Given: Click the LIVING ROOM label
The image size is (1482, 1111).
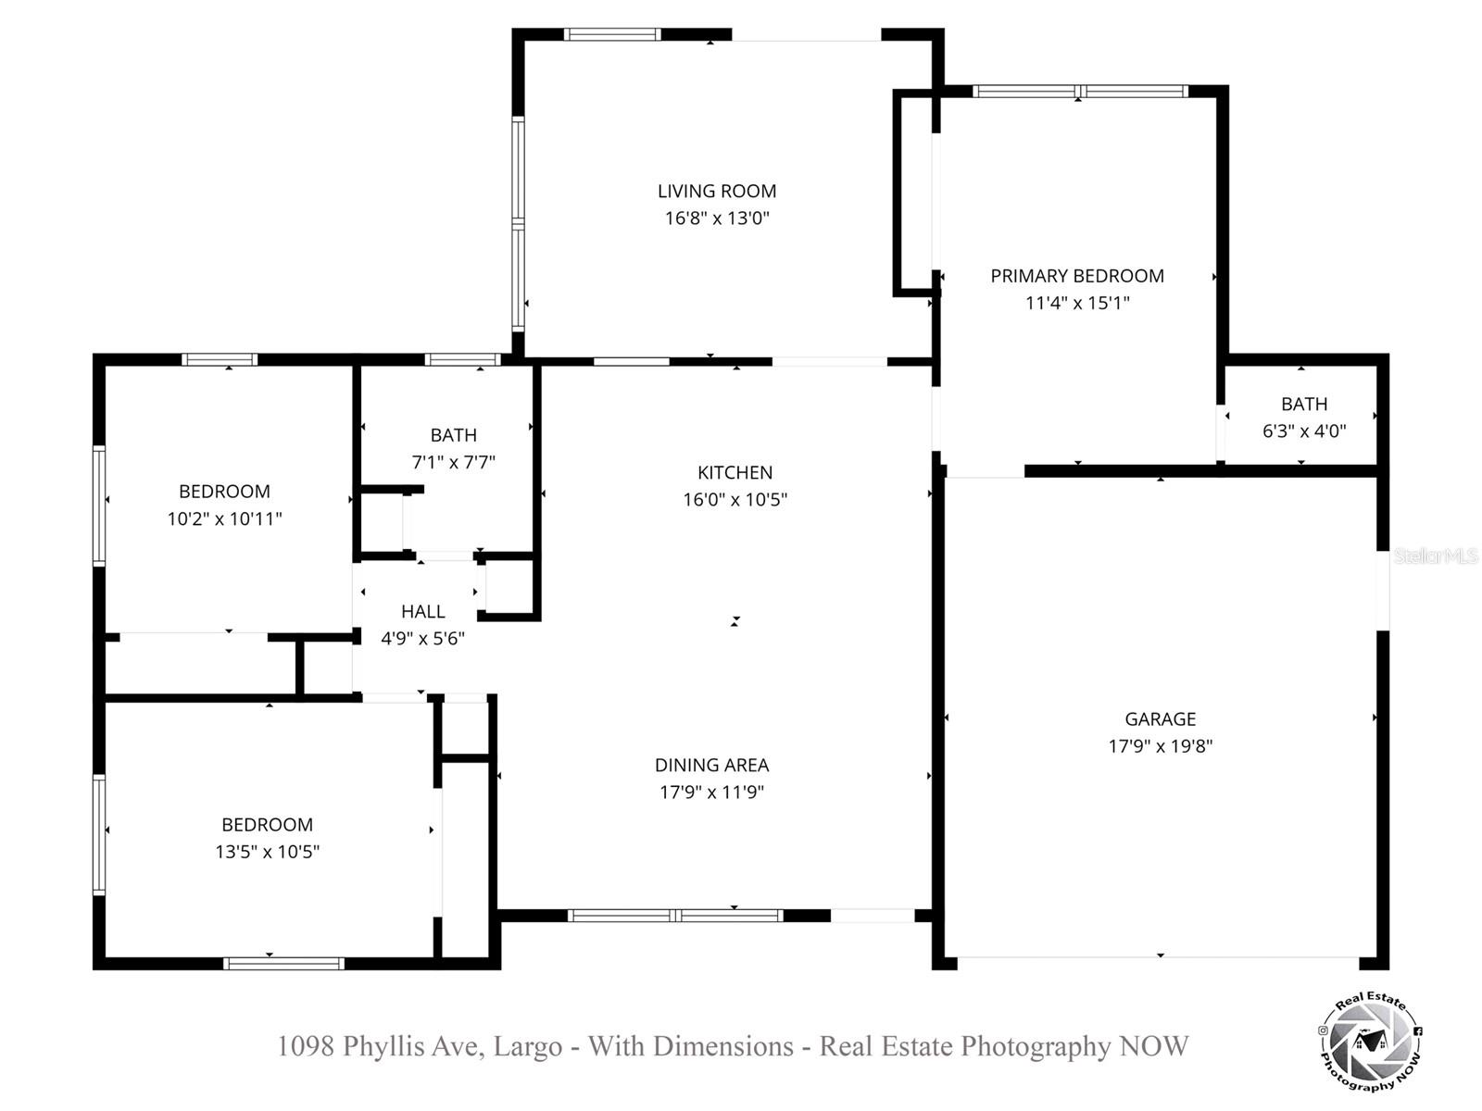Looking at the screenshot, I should [717, 192].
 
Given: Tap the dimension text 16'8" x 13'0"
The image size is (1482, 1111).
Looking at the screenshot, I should [717, 218].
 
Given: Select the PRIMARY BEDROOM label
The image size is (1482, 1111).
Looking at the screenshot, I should [1077, 276].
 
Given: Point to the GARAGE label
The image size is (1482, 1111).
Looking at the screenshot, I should [1160, 719].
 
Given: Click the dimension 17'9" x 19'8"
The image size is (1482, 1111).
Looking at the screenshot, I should [1160, 746].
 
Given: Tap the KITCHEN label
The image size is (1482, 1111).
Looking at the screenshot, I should [735, 473].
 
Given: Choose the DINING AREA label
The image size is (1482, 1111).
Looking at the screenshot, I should [711, 766].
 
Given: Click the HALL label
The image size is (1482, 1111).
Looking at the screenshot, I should [422, 612].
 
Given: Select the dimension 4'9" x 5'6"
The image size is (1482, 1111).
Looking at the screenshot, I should [422, 639].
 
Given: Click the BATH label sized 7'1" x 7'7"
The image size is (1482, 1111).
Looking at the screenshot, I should [453, 435].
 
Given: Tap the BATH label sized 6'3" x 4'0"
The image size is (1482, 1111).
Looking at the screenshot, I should [1303, 405].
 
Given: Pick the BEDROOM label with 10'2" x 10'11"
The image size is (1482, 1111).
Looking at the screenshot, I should [224, 492].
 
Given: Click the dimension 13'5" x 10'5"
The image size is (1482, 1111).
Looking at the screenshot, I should [267, 852].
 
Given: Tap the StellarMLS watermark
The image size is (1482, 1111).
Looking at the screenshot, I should [1435, 556].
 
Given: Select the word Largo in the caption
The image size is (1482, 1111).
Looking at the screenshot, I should [527, 1046].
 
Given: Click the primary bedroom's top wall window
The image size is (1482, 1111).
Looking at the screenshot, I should [1079, 92].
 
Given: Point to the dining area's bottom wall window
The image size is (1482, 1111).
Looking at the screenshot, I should [675, 916].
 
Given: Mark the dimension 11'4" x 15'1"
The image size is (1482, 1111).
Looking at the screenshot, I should [1077, 303].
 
